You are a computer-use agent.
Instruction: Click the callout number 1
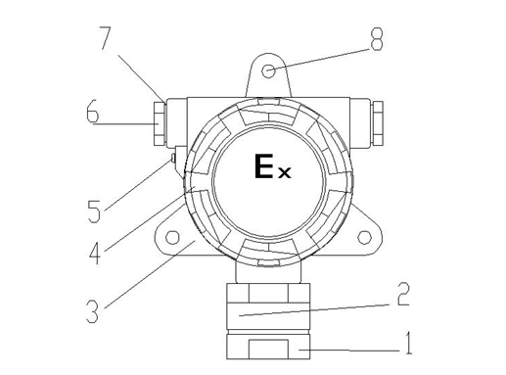click(x=408, y=343)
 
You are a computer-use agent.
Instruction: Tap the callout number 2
click(x=403, y=294)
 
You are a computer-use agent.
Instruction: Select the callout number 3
click(x=92, y=311)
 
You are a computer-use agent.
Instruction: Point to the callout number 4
click(x=95, y=253)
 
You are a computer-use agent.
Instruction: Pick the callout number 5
click(x=94, y=211)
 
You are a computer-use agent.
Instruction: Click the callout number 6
click(x=92, y=112)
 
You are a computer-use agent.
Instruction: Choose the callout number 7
click(x=106, y=38)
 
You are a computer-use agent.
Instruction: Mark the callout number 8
click(x=376, y=39)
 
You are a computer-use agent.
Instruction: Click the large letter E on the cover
click(x=263, y=166)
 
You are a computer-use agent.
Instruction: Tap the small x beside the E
click(x=284, y=172)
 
